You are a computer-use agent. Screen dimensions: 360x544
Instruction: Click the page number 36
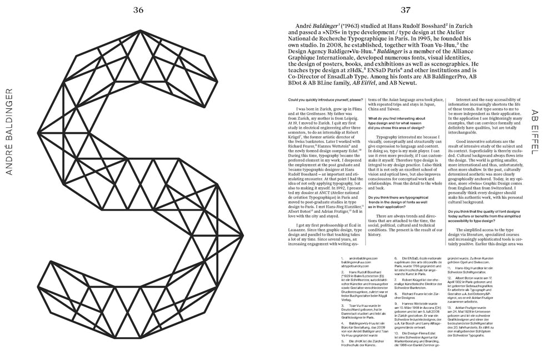click(x=138, y=8)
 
